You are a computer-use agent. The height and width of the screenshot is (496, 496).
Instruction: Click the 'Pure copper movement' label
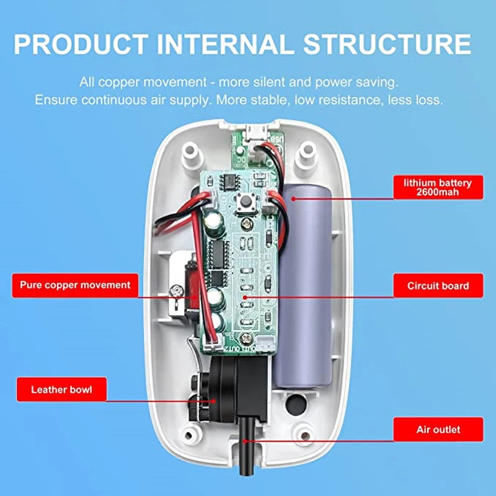pyautogui.click(x=75, y=285)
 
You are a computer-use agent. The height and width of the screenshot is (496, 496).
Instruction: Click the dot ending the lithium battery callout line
pyautogui.click(x=292, y=198)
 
